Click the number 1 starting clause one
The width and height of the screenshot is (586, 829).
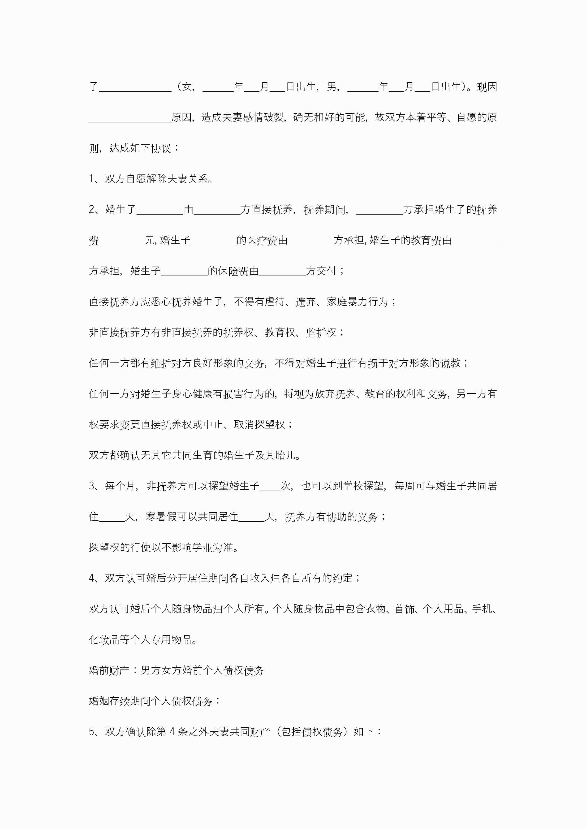click(92, 179)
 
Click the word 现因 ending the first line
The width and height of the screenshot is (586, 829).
click(487, 87)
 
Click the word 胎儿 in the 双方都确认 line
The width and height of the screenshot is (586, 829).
click(285, 455)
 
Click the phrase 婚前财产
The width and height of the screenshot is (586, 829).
click(109, 670)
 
